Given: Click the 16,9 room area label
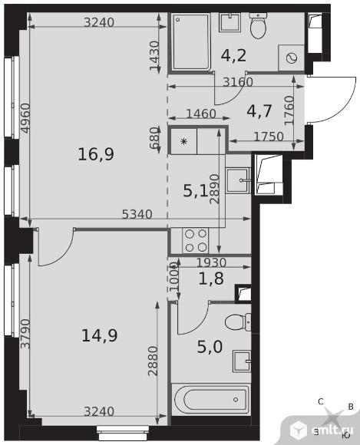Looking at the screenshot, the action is pos(96,155).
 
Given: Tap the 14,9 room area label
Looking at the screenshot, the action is pos(99,335).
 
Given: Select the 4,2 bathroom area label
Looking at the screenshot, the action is pos(233,55).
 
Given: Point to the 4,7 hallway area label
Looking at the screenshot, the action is pos(259,111).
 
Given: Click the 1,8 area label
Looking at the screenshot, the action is pos(211,279).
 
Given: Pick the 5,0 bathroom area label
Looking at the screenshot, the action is pos(210,347).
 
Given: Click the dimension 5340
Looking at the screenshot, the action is pos(137,214).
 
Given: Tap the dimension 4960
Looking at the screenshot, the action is pos(25,118).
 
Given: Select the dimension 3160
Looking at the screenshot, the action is pos(238,82).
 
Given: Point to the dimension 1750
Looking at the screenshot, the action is pos(269,137).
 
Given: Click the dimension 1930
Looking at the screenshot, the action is pos(211,262).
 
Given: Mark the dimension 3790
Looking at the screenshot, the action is pos(25,334).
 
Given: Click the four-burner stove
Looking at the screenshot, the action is pos(196,241).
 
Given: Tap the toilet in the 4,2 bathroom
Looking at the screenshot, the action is pos(258,25).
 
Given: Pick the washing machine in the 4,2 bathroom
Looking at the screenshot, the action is pos(292,58).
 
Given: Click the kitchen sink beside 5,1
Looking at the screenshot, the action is pos(238,180).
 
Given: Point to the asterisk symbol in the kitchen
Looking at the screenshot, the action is pos(184,141).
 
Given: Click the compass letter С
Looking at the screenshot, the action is pos(321,401).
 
